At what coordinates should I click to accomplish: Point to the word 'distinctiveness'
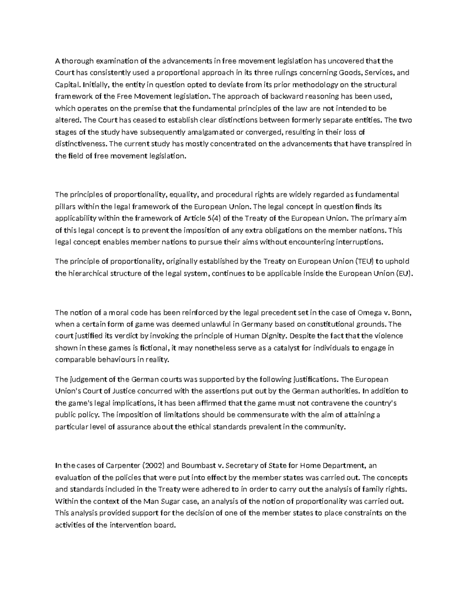pos(81,144)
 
